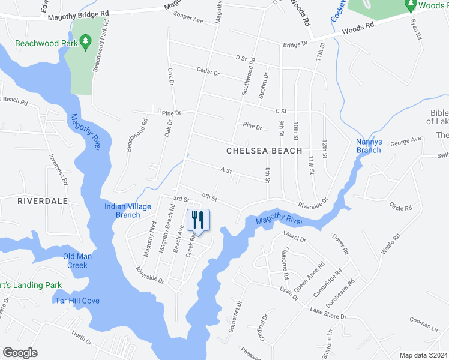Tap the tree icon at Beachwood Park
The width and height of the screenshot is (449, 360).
click(x=85, y=40)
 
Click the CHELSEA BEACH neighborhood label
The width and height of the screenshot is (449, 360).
click(x=264, y=151)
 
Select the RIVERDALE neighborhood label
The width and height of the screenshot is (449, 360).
click(x=25, y=201)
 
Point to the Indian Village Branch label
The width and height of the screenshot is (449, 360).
click(x=128, y=211)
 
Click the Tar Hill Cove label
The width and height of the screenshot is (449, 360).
click(x=77, y=301)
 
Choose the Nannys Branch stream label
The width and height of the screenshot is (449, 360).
click(x=369, y=146)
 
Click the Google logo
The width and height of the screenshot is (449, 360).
click(x=20, y=353)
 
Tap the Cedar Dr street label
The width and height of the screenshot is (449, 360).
click(x=208, y=71)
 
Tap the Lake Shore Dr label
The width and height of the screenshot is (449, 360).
click(x=328, y=313)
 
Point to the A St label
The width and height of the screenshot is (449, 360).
click(x=226, y=171)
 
